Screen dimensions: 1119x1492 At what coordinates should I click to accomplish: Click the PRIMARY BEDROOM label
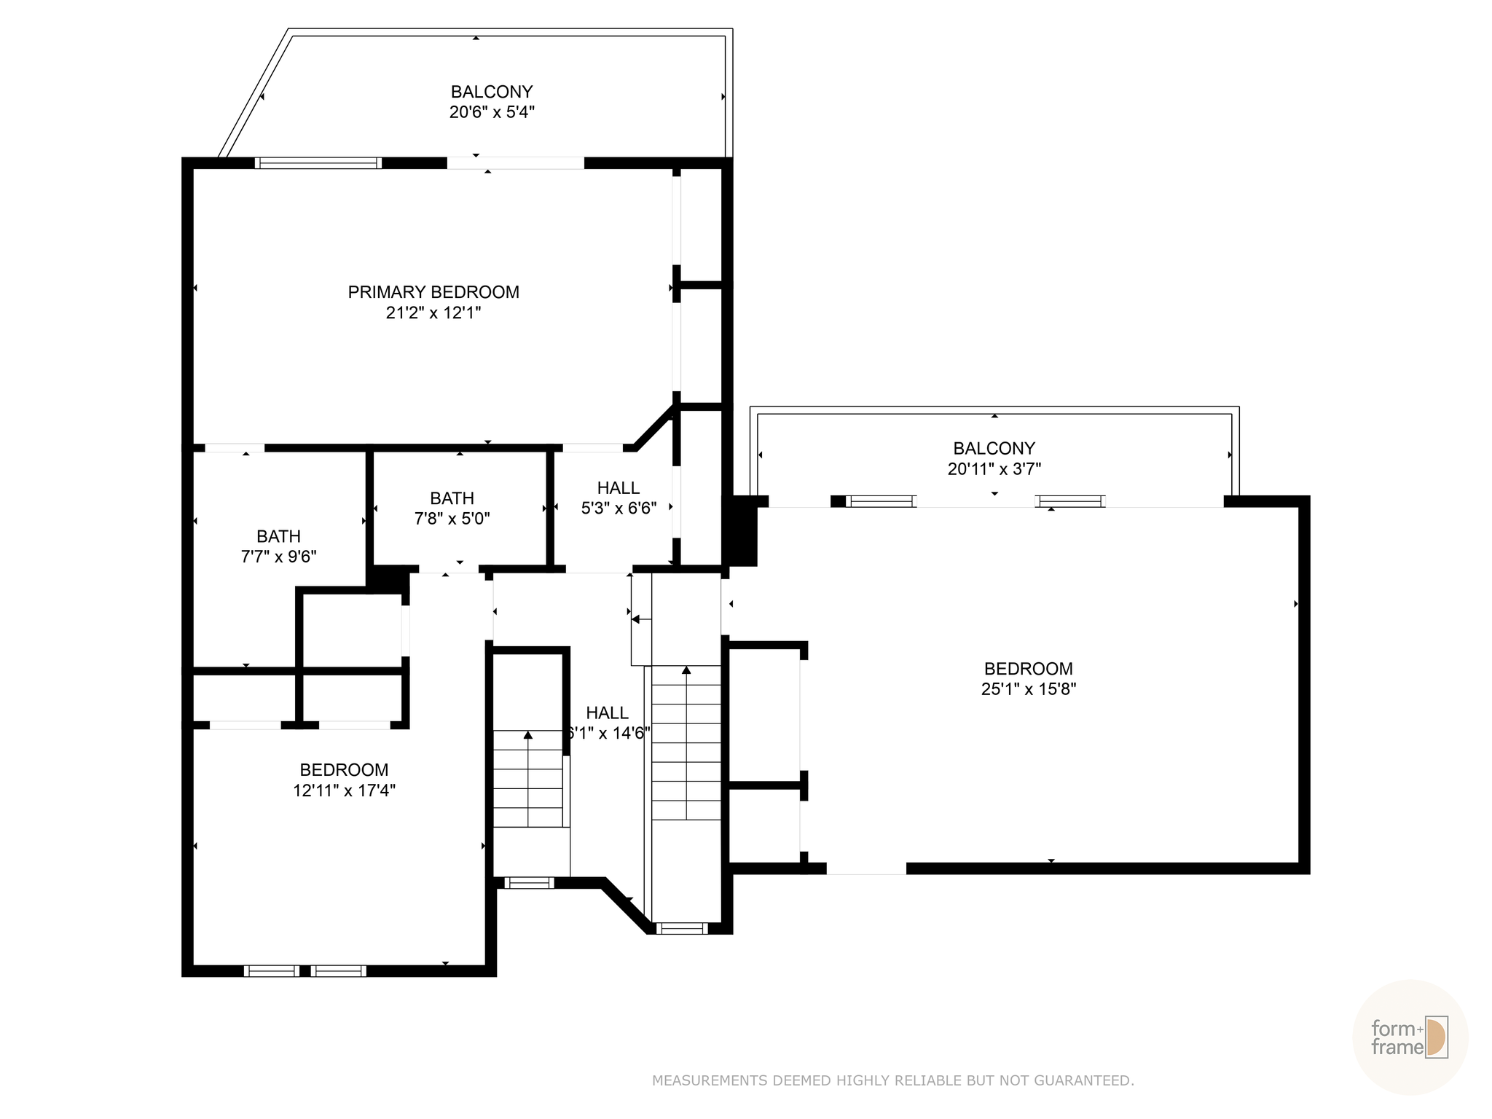tap(433, 292)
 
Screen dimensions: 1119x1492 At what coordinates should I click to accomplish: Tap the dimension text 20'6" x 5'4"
tap(492, 112)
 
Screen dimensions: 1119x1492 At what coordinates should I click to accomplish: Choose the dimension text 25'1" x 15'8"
tap(1028, 689)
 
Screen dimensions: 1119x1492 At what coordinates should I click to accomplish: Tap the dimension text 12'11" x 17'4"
tap(344, 790)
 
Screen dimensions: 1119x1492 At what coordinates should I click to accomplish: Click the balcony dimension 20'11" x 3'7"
tap(994, 469)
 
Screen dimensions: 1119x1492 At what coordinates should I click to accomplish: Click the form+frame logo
tap(1409, 1037)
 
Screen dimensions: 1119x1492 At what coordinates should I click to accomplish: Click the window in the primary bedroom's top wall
tap(318, 163)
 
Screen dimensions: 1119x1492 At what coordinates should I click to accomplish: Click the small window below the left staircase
tap(529, 883)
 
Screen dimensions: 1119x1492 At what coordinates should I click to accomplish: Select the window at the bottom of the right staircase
tap(682, 928)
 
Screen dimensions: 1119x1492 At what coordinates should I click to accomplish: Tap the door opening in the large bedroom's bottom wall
tap(866, 868)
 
